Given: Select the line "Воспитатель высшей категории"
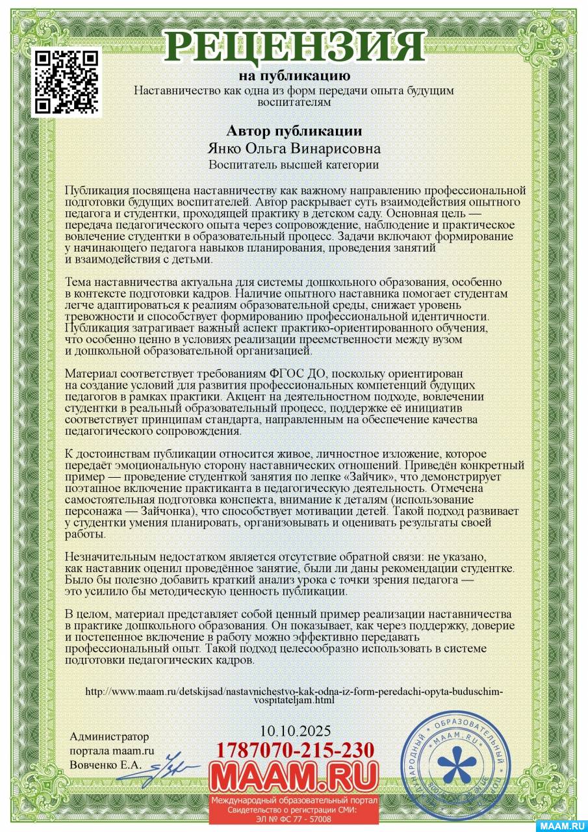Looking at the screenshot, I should (x=294, y=165).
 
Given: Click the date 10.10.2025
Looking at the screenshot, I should (x=294, y=731).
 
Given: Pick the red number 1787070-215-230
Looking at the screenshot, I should (x=294, y=749).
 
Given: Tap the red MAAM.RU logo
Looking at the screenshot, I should (x=294, y=775).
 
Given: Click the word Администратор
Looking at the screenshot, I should (x=109, y=736).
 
